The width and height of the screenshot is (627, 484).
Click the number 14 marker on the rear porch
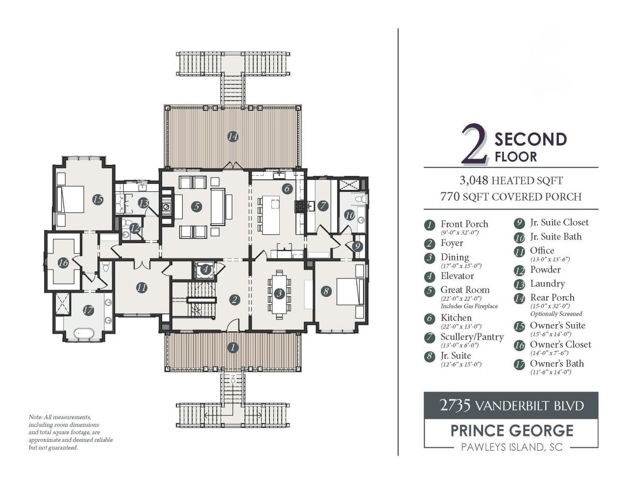pos(233,137)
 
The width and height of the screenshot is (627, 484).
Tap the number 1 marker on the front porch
pos(233,347)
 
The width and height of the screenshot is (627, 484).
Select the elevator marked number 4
pos(205,269)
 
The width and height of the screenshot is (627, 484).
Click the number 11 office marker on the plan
pos(142,288)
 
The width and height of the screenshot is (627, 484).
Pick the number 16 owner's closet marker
pos(63,263)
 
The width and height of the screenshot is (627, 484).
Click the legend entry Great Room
pos(465,290)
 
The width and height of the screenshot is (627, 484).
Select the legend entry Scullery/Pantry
pos(472,337)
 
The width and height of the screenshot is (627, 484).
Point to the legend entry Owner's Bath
pos(556,364)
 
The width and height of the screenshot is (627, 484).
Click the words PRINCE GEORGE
pos(511,430)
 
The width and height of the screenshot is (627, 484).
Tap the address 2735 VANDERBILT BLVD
pos(511,405)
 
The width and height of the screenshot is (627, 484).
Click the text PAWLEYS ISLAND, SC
pos(511,447)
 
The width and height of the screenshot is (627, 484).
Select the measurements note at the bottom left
pos(71,432)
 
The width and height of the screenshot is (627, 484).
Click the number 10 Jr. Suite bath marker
pos(349,214)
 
